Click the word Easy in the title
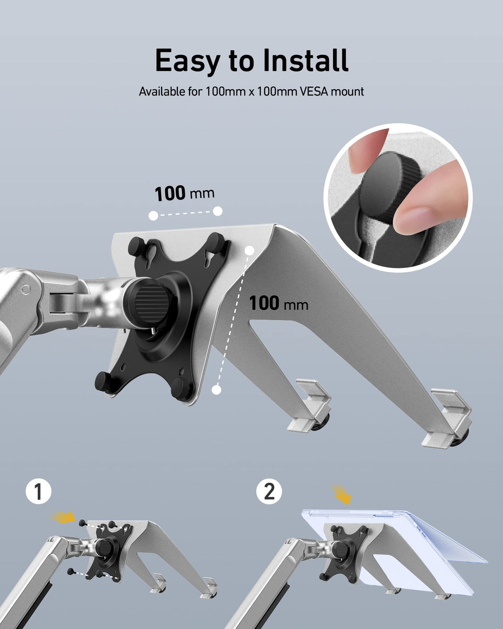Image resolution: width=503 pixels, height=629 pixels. (x=187, y=61)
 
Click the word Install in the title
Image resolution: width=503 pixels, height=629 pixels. (x=306, y=60)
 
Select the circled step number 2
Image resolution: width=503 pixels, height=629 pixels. (x=269, y=491)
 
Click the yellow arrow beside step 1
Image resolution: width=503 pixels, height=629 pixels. (x=63, y=517)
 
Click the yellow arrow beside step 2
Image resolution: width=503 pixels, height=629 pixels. (x=342, y=494)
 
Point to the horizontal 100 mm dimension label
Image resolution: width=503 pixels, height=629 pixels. (x=184, y=193)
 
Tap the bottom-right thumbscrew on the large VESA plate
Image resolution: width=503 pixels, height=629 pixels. (x=181, y=389)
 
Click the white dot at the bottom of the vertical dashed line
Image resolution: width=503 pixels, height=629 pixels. (x=216, y=390)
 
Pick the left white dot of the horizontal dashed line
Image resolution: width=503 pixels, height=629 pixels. (x=153, y=216)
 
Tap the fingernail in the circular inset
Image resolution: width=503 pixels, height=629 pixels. (x=416, y=221)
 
